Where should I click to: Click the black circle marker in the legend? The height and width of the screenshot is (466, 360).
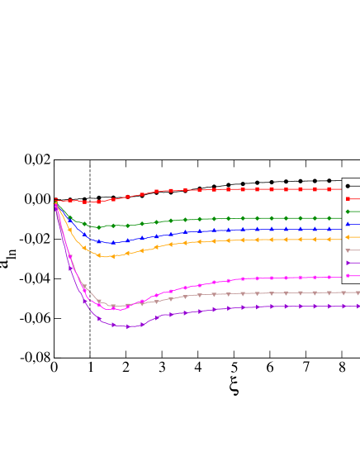click(348, 186)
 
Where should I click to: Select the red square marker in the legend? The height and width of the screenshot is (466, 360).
click(348, 198)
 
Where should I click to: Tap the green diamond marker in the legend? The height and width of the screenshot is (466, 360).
click(348, 212)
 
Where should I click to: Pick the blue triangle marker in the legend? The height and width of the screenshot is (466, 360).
click(348, 224)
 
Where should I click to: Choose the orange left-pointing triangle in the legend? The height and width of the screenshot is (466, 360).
click(348, 237)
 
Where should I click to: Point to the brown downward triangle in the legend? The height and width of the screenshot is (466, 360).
click(348, 250)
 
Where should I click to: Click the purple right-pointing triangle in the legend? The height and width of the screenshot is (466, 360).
click(348, 263)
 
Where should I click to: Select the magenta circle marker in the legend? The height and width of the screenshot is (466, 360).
click(348, 275)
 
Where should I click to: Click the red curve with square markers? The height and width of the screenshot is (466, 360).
click(248, 189)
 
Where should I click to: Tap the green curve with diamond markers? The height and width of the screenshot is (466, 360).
click(248, 218)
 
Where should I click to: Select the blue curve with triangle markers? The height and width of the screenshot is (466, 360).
click(248, 229)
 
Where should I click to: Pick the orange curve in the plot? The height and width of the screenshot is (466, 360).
click(248, 240)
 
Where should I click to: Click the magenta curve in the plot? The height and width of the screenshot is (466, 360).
click(248, 278)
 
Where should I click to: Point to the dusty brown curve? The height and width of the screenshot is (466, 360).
click(248, 293)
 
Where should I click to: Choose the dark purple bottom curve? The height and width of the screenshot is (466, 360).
click(248, 307)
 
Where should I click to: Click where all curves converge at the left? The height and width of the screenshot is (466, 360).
click(55, 202)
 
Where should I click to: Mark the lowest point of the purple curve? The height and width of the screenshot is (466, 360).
click(127, 327)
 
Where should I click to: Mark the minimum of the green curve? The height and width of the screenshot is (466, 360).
click(98, 227)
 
